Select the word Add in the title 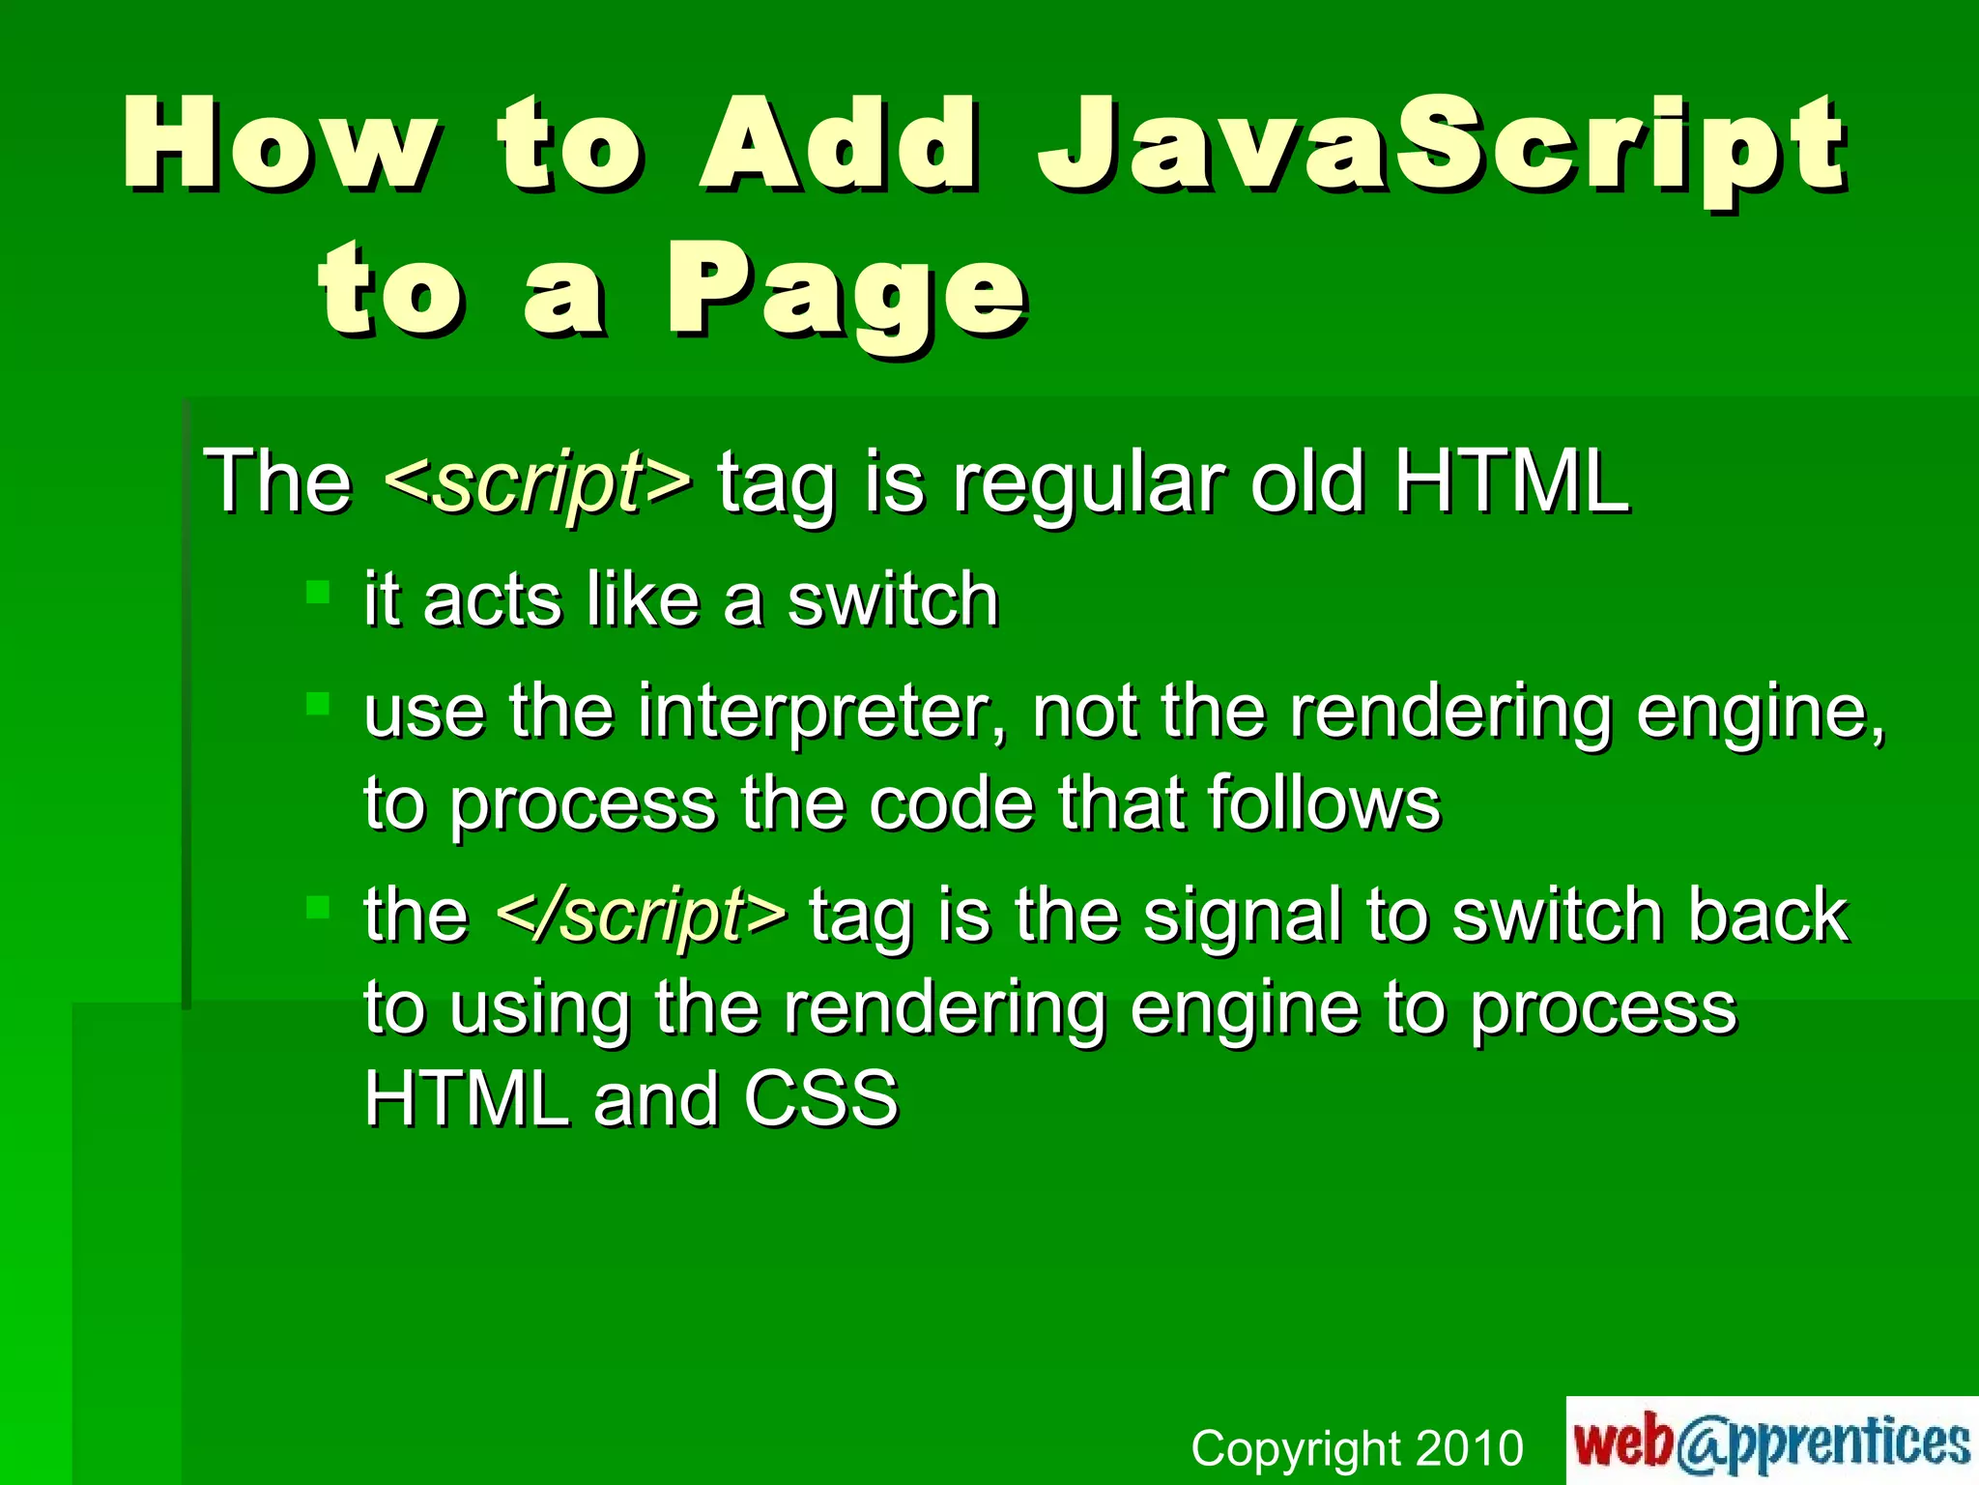839,145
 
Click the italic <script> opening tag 538,480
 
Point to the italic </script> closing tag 641,913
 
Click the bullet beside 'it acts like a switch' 318,591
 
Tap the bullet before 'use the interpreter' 318,703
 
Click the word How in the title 280,145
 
